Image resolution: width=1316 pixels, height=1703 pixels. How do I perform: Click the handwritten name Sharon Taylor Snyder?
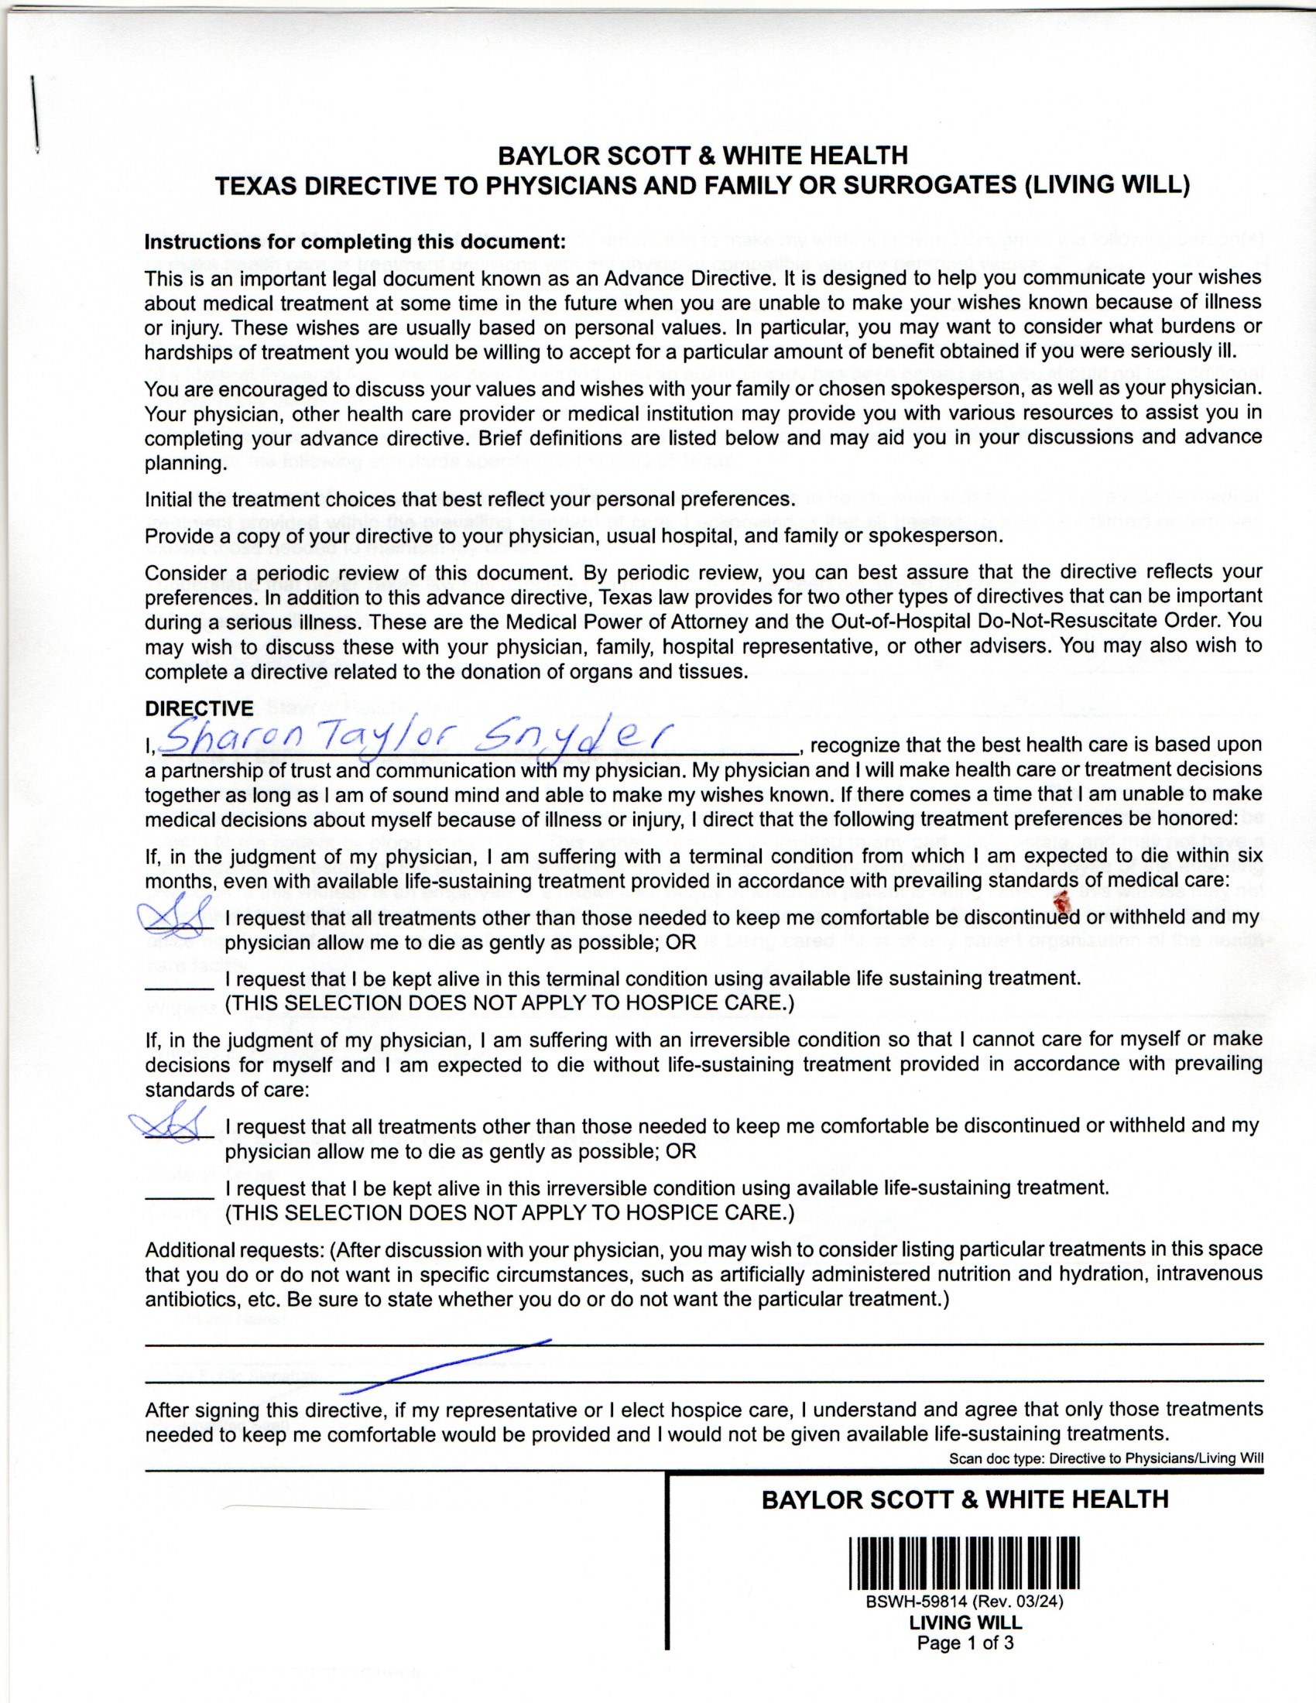[x=413, y=735]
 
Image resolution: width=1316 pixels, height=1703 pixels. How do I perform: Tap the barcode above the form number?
[x=965, y=1563]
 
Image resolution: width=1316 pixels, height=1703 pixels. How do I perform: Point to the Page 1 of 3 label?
[x=965, y=1643]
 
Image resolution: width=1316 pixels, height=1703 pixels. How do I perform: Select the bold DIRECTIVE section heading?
[x=199, y=708]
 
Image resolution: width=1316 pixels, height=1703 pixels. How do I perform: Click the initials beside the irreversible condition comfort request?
[x=172, y=1126]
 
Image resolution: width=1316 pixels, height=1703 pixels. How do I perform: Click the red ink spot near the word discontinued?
[x=1059, y=903]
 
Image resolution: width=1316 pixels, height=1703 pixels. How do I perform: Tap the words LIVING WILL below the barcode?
[x=965, y=1622]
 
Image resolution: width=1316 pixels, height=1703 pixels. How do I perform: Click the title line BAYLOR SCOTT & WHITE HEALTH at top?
[x=702, y=156]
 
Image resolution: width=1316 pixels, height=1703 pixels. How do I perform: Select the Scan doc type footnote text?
[x=1105, y=1458]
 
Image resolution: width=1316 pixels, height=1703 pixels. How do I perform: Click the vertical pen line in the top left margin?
[x=36, y=111]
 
